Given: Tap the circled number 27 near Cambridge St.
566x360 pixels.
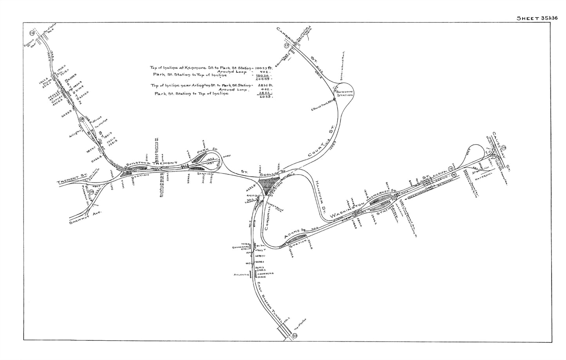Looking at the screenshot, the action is (287, 46).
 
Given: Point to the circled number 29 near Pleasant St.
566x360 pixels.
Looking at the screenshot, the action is (91, 192).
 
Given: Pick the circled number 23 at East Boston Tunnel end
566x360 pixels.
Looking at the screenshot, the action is (295, 336).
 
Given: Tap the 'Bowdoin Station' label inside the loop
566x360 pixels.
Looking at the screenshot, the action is (345, 93).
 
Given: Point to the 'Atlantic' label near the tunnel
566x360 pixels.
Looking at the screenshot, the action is (242, 275).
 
